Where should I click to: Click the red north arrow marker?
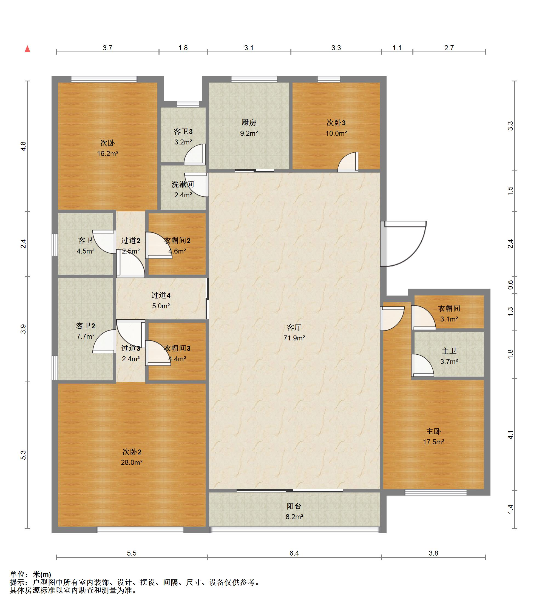[x=27, y=49]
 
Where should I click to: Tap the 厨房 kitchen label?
[x=249, y=123]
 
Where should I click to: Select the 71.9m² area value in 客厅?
[x=294, y=338]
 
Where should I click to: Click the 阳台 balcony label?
[x=294, y=506]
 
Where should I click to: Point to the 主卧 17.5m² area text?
[x=433, y=442]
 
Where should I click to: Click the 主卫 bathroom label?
[x=449, y=351]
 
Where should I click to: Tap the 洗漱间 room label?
[x=183, y=184]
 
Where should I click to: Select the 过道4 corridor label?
[x=161, y=295]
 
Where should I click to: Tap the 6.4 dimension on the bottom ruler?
[x=294, y=553]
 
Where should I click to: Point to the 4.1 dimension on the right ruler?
[x=510, y=435]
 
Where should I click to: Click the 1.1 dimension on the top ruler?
[x=397, y=48]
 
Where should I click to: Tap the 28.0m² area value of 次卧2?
[x=131, y=462]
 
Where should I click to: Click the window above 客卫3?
[x=188, y=104]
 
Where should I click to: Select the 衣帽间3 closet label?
[x=177, y=348]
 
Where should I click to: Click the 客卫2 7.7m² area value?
[x=86, y=336]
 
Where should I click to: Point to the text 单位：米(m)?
[x=30, y=574]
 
